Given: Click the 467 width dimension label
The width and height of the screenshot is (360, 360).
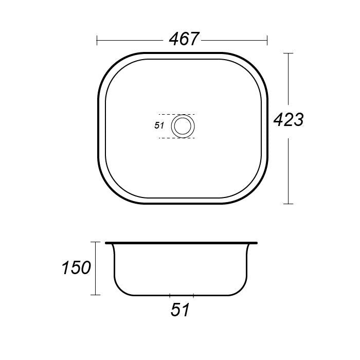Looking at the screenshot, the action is coord(184,39).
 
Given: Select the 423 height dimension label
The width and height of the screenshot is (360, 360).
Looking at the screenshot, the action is coord(289,120).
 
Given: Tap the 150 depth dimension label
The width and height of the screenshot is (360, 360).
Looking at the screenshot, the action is coord(77,268).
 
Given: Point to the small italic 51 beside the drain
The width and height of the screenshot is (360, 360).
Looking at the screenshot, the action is coord(159,125).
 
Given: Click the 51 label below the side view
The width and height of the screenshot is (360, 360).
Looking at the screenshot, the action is coord(180,310).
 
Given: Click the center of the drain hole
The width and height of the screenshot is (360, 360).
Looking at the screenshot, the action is coord(183,127).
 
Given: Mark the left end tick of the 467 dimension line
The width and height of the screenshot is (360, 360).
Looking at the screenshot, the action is coord(97,41).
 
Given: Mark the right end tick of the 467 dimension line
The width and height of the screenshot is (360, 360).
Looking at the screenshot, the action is coord(267,41).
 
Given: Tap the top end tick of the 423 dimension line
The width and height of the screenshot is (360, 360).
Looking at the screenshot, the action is coord(289,53).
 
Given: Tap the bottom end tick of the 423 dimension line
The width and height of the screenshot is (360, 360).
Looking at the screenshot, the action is coord(289,204).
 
